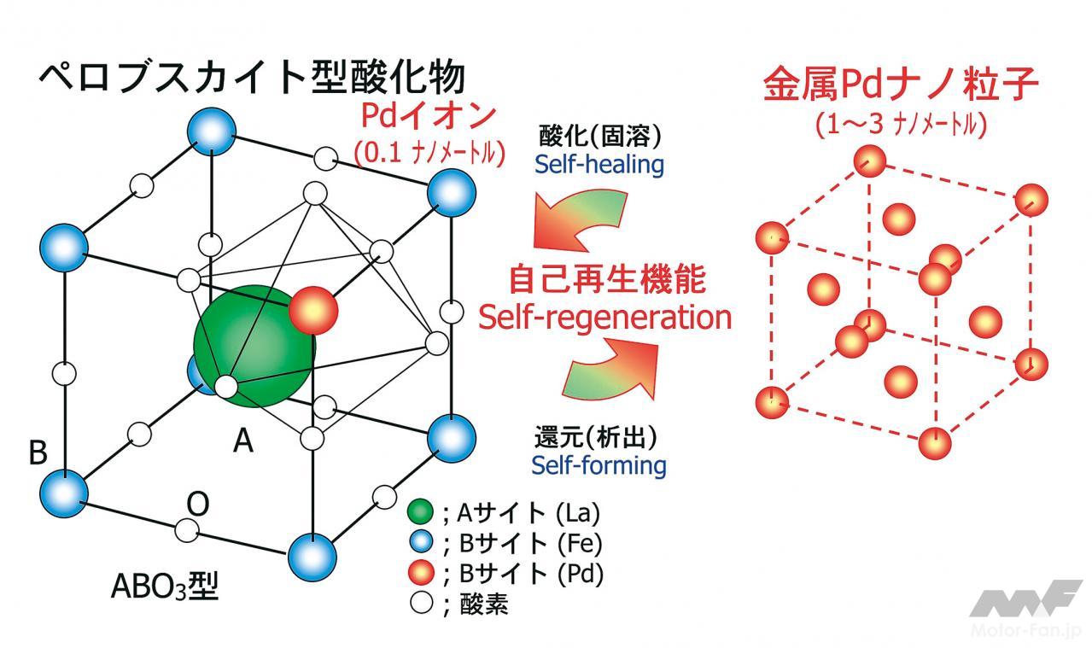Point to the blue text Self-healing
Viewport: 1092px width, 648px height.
point(599,164)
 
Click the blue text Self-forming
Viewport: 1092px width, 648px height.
point(599,465)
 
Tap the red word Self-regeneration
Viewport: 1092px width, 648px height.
point(604,317)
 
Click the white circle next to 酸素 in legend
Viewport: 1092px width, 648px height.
point(419,604)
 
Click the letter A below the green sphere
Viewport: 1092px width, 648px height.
point(243,441)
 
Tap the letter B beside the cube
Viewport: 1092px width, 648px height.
point(38,452)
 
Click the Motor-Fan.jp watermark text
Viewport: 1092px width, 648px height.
point(1019,631)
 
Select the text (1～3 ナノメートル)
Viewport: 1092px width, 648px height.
point(902,125)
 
